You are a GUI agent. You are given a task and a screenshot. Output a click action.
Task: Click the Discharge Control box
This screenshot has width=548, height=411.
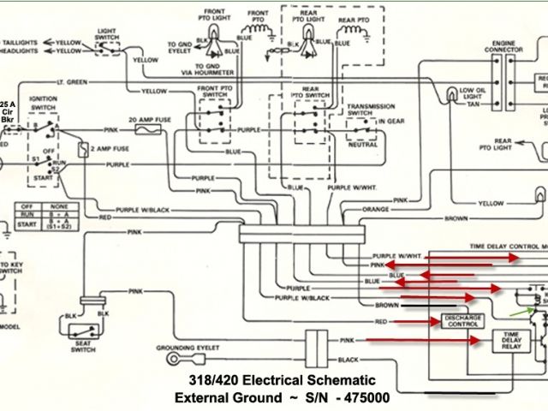462,320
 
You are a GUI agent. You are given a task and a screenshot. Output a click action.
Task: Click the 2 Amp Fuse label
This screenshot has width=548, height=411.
111,149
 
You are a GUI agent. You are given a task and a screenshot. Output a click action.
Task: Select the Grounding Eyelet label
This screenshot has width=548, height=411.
188,348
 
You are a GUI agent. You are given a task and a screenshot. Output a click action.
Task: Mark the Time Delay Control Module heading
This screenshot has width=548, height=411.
509,245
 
